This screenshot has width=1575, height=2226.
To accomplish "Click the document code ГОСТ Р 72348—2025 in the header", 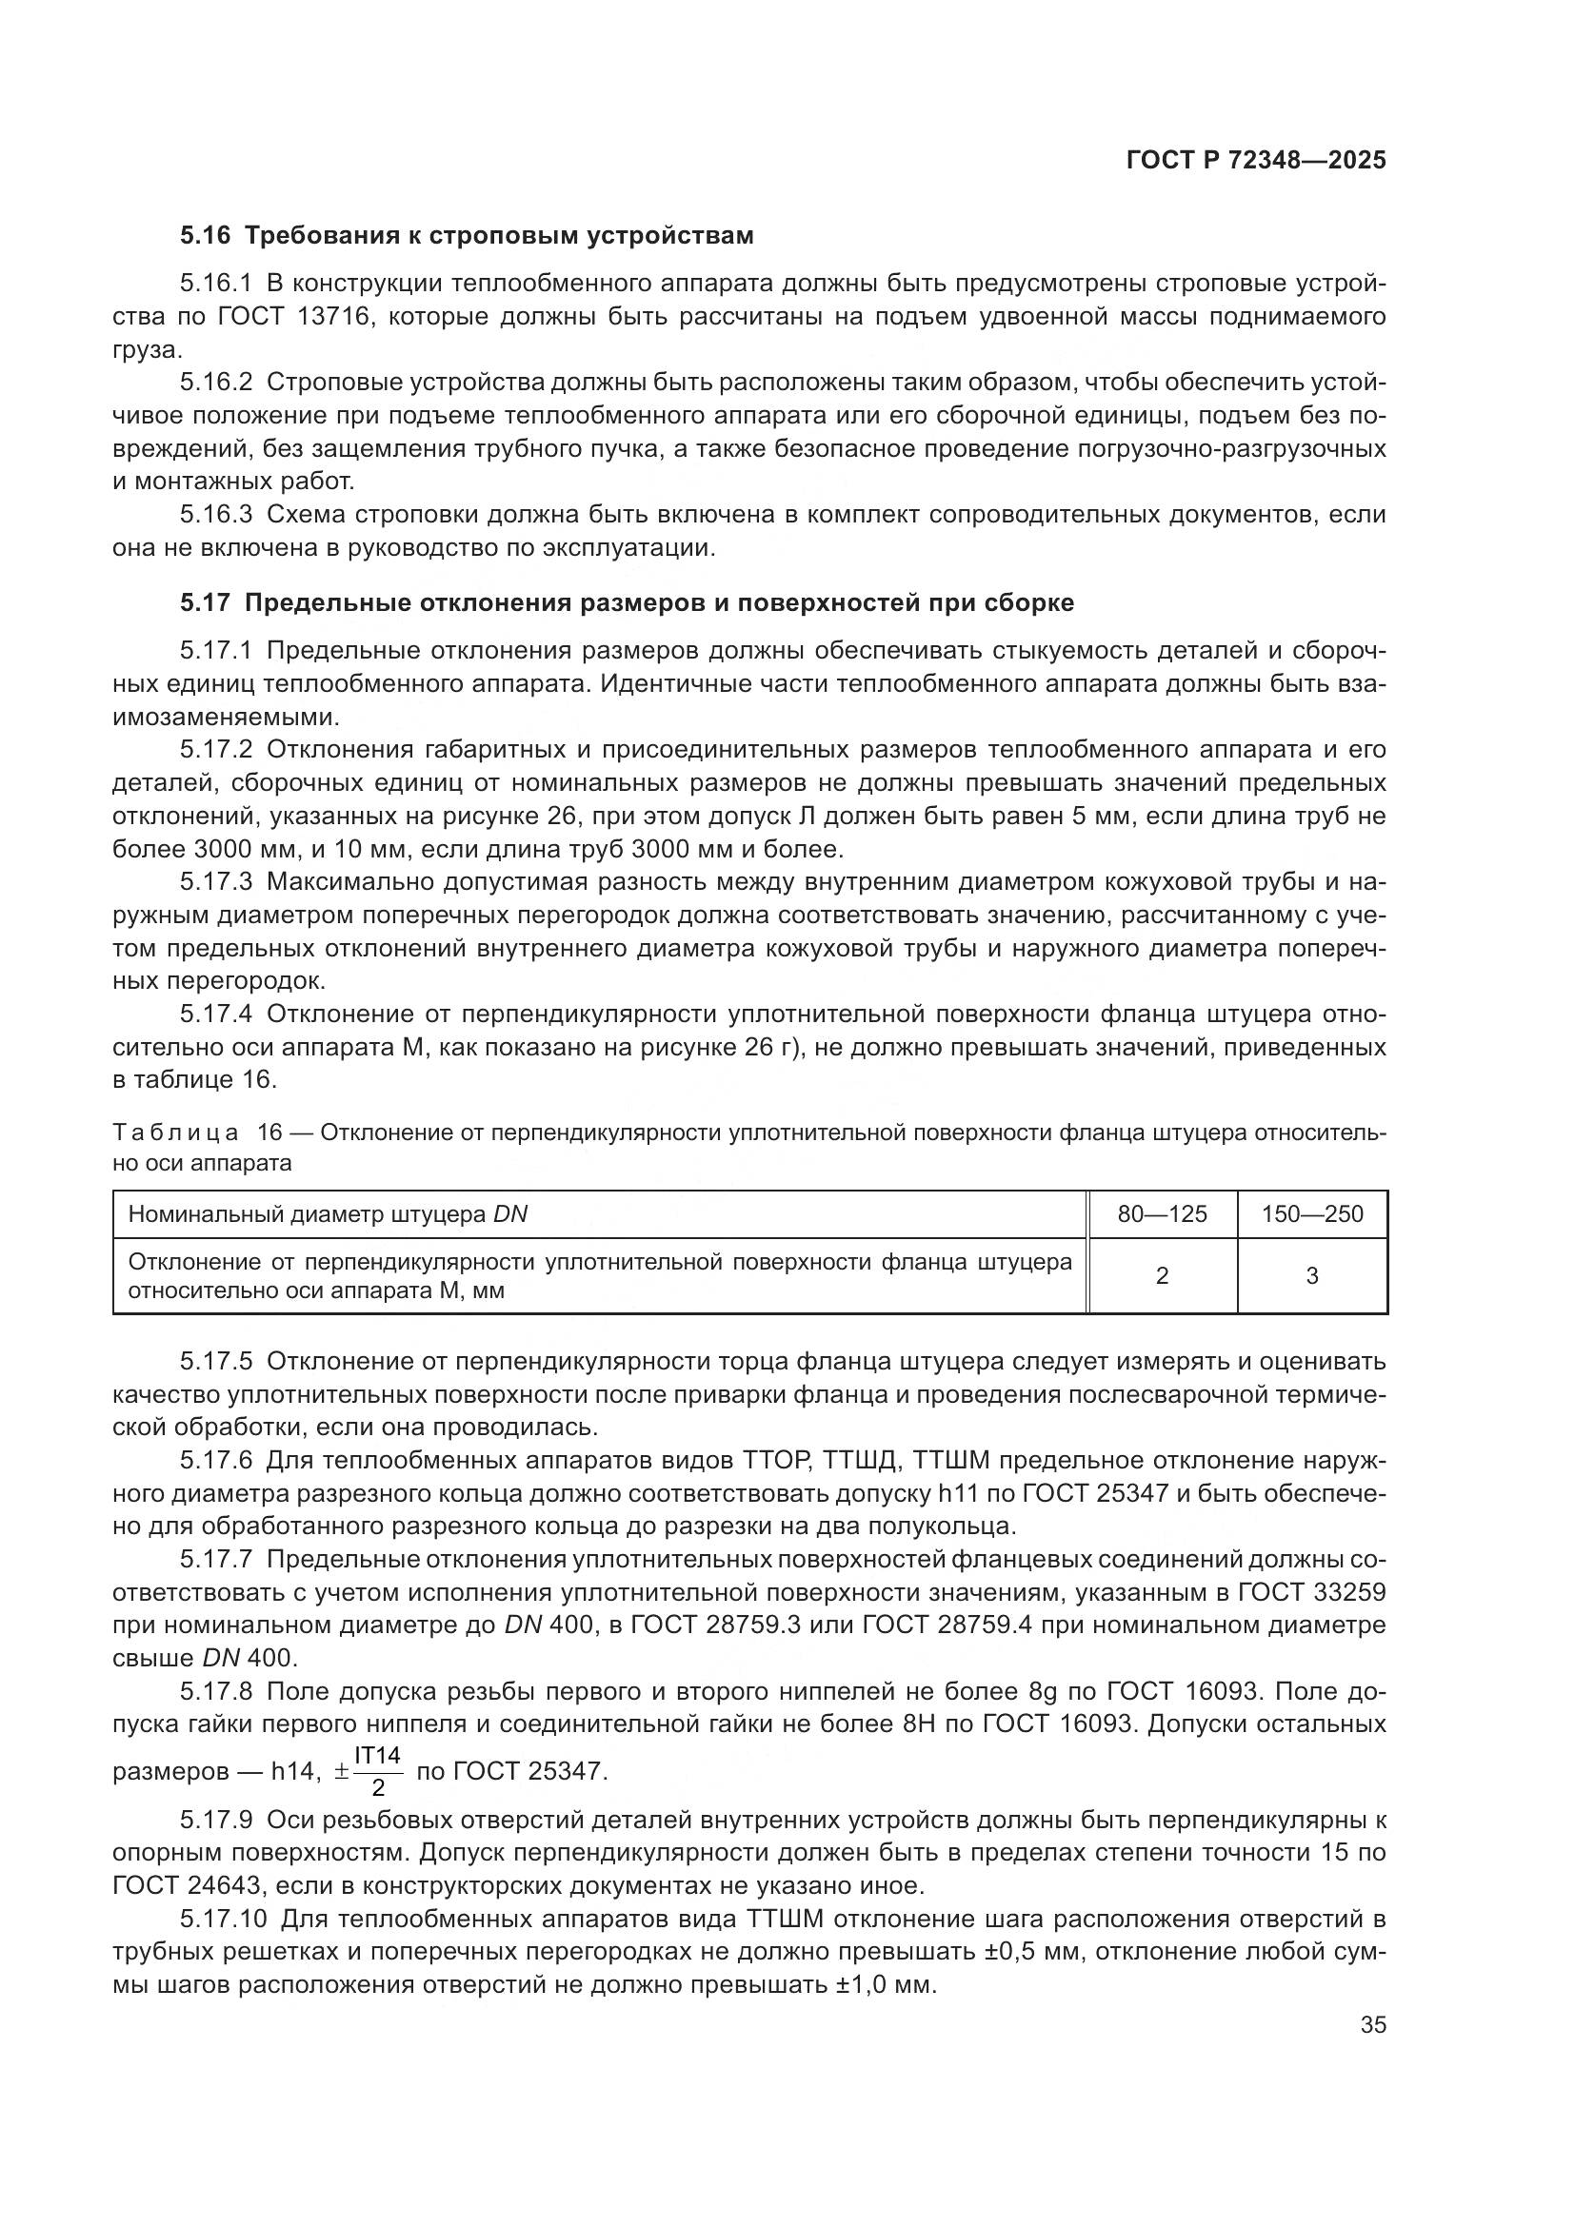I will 1256,161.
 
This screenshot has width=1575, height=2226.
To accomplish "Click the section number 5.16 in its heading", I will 205,236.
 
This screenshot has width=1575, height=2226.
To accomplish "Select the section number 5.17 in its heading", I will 205,603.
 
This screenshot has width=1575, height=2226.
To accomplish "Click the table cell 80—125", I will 1162,1213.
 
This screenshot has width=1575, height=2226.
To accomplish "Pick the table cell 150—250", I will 1312,1213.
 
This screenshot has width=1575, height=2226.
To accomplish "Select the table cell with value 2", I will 1162,1276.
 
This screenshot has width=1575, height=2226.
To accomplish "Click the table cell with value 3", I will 1312,1276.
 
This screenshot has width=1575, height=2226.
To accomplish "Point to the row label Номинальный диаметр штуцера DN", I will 328,1213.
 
